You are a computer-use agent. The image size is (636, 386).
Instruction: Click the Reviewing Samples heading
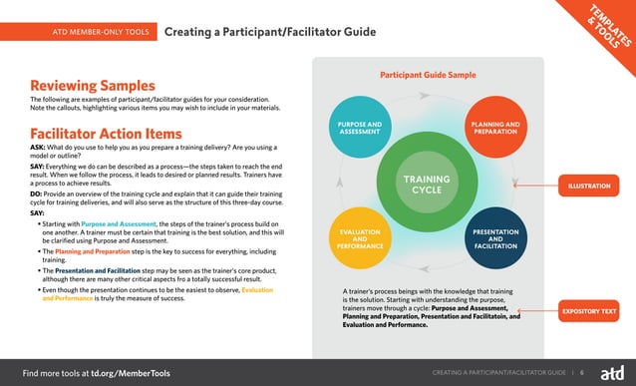click(x=93, y=85)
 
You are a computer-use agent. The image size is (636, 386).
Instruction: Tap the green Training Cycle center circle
click(x=427, y=185)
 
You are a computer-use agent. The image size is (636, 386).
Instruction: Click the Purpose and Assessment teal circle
click(x=360, y=128)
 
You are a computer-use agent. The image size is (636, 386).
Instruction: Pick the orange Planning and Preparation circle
click(x=494, y=128)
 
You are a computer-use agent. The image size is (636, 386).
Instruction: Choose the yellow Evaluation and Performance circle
click(x=360, y=239)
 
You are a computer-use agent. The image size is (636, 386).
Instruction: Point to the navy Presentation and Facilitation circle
click(x=494, y=239)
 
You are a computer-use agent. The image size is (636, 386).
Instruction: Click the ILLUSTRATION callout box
click(x=589, y=187)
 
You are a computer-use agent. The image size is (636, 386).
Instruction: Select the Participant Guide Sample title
click(x=428, y=74)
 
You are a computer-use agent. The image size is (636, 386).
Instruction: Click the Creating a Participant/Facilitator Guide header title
click(x=269, y=32)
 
